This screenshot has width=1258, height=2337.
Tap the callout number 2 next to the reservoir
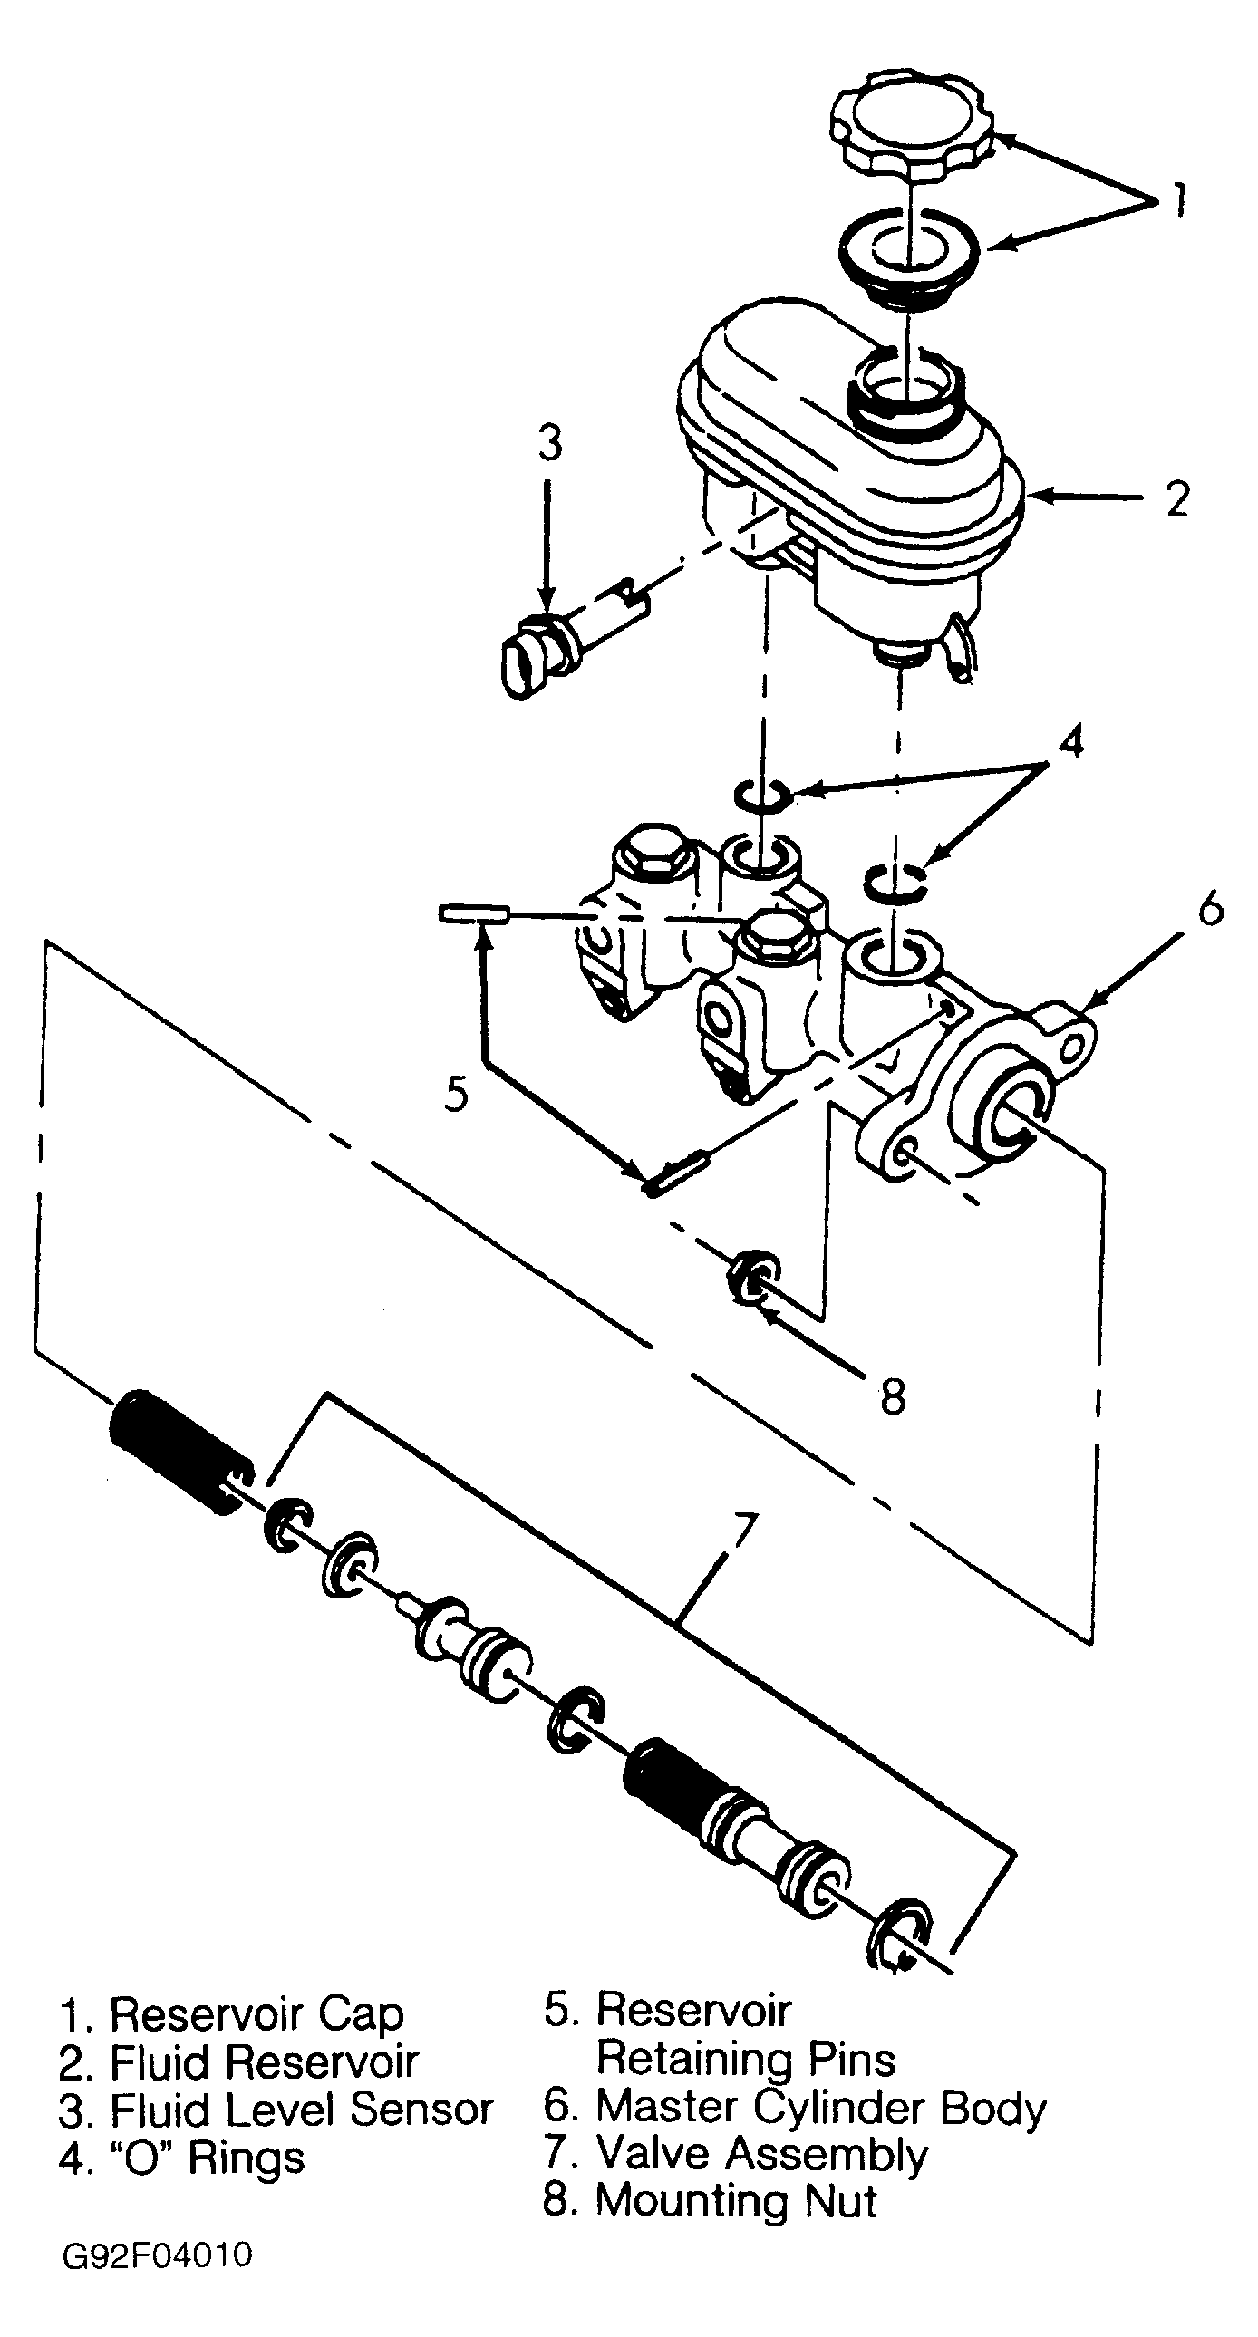[1176, 499]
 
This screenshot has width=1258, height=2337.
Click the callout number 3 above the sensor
[550, 444]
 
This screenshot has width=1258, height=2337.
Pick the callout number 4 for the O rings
[1071, 743]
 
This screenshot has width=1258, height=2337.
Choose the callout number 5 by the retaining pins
[457, 1094]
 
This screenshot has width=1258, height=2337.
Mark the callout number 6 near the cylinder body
[1211, 907]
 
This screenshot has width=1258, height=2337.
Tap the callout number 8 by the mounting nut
[893, 1397]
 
